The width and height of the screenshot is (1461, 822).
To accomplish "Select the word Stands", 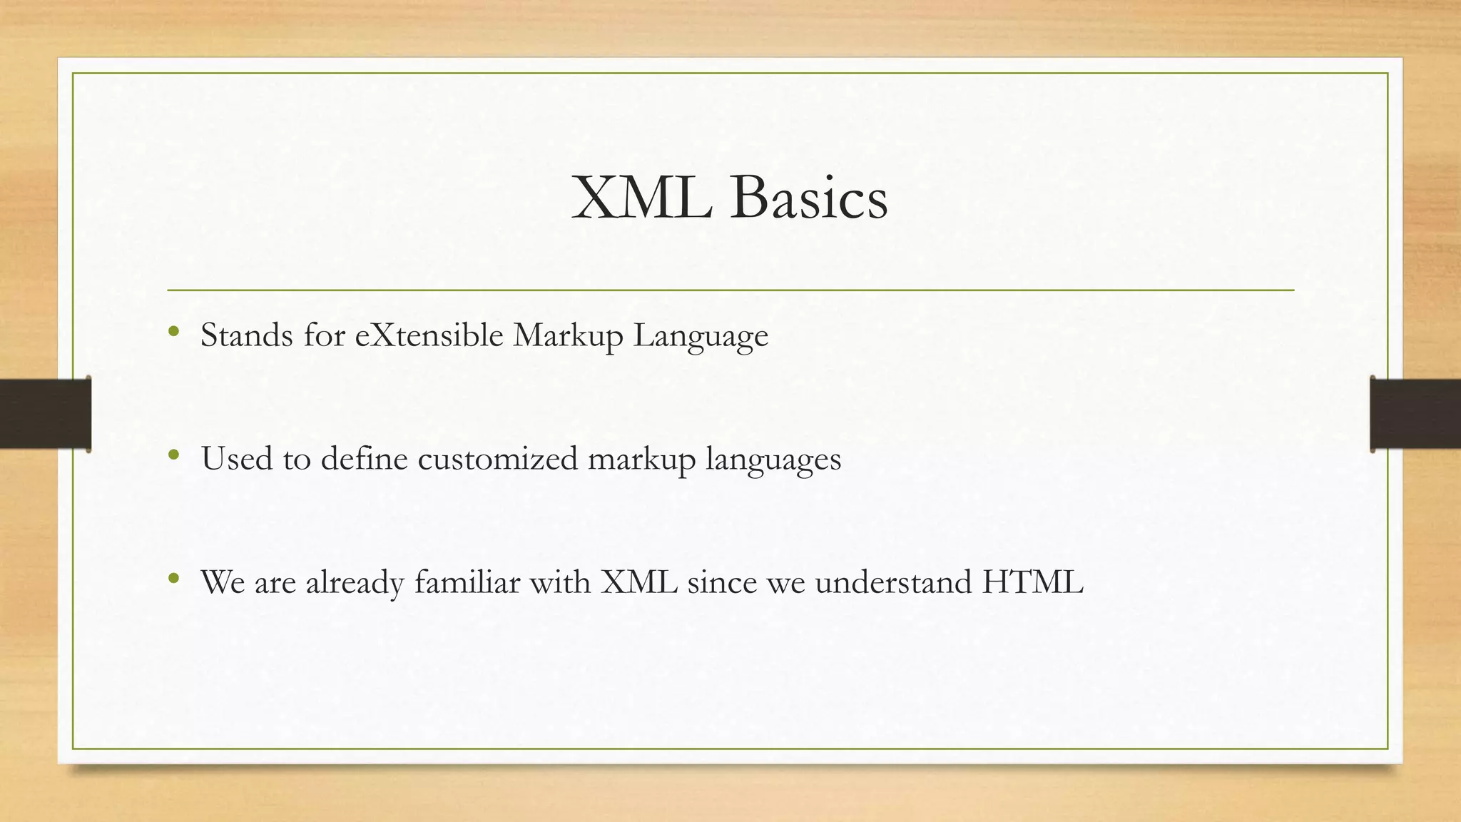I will click(247, 335).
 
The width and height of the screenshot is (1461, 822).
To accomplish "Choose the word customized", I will click(497, 459).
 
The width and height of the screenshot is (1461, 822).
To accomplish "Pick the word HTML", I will click(1033, 582).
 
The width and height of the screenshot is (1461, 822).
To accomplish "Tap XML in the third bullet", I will click(638, 582).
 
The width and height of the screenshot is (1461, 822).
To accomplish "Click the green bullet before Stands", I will click(173, 331).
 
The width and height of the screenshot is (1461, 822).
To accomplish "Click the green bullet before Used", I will click(173, 455).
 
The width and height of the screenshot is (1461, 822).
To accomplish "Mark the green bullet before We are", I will click(173, 578).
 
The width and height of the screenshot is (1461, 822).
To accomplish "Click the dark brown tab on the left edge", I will click(45, 414).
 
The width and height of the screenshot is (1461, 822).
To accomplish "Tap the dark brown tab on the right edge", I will click(1415, 414).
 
